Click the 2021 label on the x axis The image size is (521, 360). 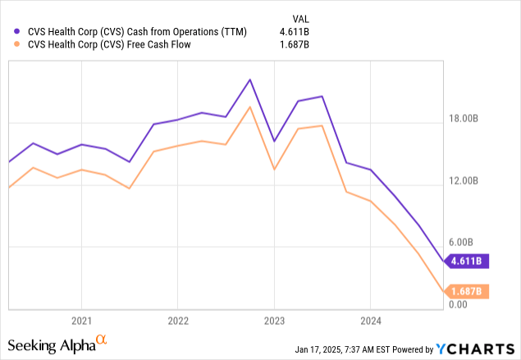coord(80,320)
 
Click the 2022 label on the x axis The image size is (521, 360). coord(177,320)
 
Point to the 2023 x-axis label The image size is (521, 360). coord(274,320)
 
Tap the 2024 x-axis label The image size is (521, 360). coord(370,320)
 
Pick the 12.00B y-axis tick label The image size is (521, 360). coord(471,181)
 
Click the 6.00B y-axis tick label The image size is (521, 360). coord(473,243)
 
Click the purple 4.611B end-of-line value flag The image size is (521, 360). coord(468,262)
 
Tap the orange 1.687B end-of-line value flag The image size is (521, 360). coord(468,291)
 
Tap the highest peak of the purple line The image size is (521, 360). coord(250,80)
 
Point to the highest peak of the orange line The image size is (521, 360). coord(249,107)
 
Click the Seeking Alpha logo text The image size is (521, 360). coord(53,343)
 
